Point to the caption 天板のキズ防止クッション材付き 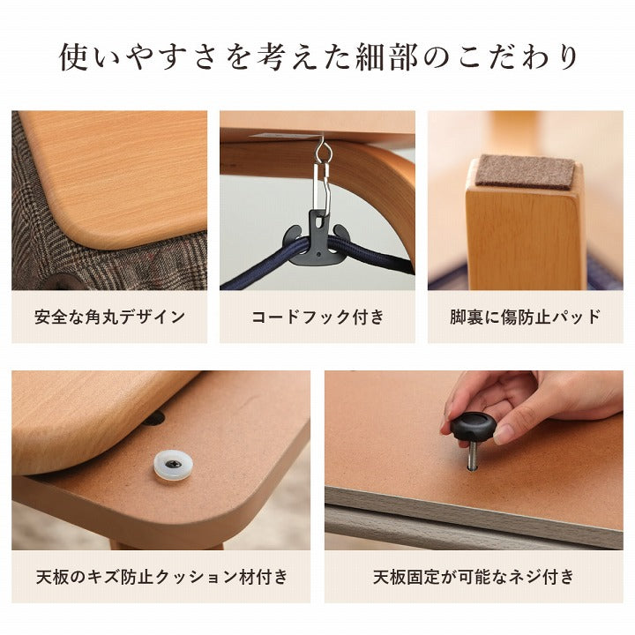point(161,578)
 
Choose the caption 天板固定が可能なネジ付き point(474,578)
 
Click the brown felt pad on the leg point(526,171)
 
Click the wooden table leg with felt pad point(524,234)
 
